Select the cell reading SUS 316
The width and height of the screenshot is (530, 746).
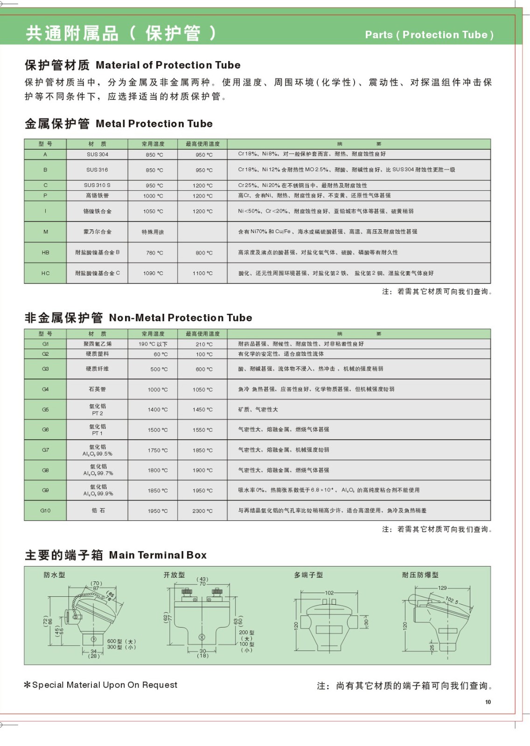(x=97, y=170)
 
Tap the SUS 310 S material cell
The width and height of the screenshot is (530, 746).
(x=97, y=185)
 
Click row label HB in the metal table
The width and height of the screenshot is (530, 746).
(x=45, y=253)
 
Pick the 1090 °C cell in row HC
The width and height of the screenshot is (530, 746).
(x=153, y=273)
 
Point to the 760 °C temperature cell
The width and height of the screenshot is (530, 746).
(x=153, y=253)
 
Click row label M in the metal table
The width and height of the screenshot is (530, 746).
(x=45, y=232)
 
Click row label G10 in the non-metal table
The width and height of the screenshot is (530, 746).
(x=45, y=511)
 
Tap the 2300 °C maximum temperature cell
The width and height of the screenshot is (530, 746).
(x=202, y=511)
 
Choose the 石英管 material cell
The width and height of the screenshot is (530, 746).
(x=97, y=389)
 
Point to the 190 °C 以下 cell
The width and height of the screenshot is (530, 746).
(x=153, y=344)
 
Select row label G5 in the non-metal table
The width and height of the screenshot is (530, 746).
(x=45, y=409)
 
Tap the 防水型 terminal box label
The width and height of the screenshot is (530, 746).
(x=55, y=575)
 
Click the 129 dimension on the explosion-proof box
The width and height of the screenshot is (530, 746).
(x=442, y=588)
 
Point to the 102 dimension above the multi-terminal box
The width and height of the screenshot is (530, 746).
(x=329, y=593)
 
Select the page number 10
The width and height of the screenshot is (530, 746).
(x=488, y=702)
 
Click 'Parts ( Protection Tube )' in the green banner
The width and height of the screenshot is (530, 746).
(x=429, y=35)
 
